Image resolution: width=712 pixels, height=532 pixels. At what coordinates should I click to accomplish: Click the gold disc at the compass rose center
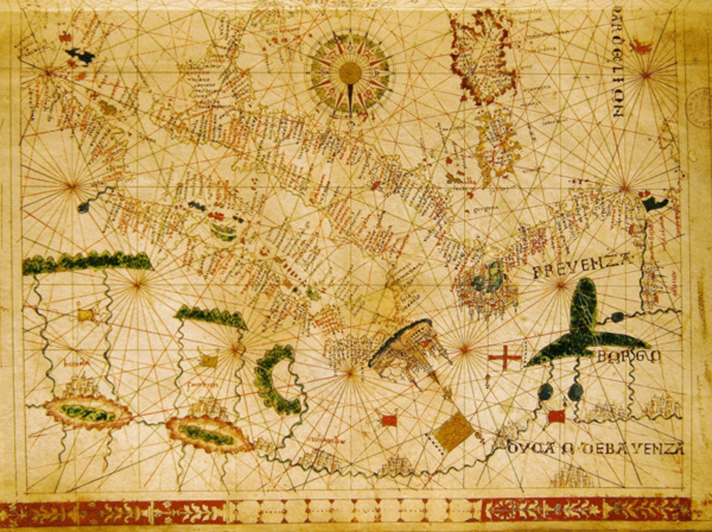pyautogui.click(x=350, y=72)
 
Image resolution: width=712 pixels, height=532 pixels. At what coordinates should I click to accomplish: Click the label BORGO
pyautogui.click(x=619, y=357)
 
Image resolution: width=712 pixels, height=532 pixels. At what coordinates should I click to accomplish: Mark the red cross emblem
pyautogui.click(x=505, y=358)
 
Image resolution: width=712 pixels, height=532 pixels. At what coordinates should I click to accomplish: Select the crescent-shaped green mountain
pyautogui.click(x=275, y=380)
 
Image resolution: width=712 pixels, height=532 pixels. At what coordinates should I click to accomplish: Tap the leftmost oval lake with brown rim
pyautogui.click(x=88, y=412)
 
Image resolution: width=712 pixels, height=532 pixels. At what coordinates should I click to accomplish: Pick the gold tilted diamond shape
pyautogui.click(x=453, y=430)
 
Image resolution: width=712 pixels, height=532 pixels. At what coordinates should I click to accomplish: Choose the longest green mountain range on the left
pyautogui.click(x=87, y=261)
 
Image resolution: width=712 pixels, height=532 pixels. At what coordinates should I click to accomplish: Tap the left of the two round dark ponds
pyautogui.click(x=546, y=392)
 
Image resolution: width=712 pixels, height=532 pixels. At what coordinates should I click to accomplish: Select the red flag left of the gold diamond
pyautogui.click(x=389, y=420)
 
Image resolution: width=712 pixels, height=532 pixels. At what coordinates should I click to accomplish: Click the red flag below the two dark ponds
pyautogui.click(x=556, y=417)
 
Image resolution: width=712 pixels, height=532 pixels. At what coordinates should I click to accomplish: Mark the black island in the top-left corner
pyautogui.click(x=80, y=56)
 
